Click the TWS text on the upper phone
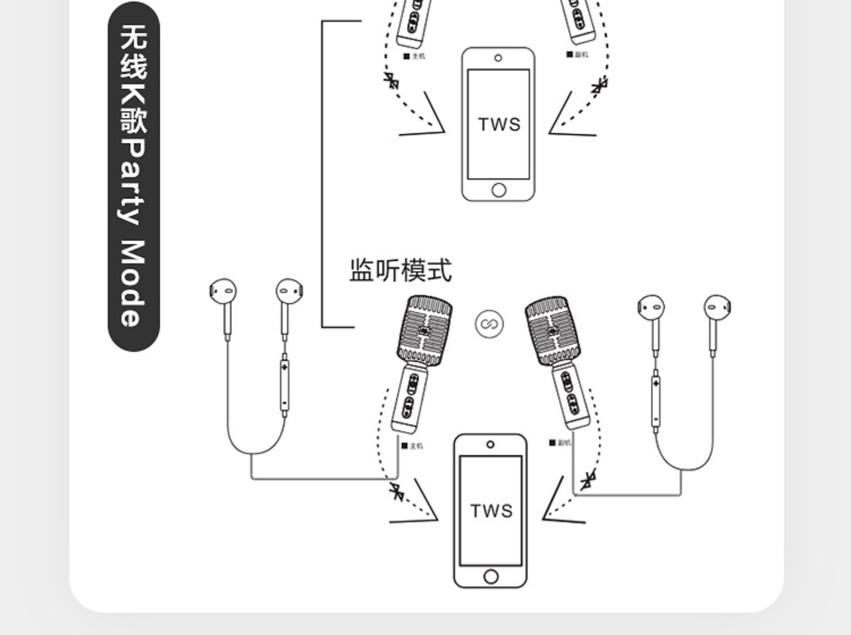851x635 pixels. click(499, 125)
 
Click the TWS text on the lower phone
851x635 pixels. click(491, 511)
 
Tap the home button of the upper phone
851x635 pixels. click(499, 190)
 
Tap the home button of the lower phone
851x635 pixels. click(491, 577)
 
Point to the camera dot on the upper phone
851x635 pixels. click(498, 58)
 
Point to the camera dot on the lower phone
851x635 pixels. click(490, 444)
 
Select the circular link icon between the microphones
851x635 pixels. click(488, 324)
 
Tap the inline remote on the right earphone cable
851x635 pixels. click(656, 401)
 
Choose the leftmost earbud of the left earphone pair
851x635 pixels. click(223, 292)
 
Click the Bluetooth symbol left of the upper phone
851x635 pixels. click(391, 81)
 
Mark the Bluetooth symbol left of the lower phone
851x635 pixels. click(397, 492)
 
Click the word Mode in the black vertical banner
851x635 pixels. click(134, 283)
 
